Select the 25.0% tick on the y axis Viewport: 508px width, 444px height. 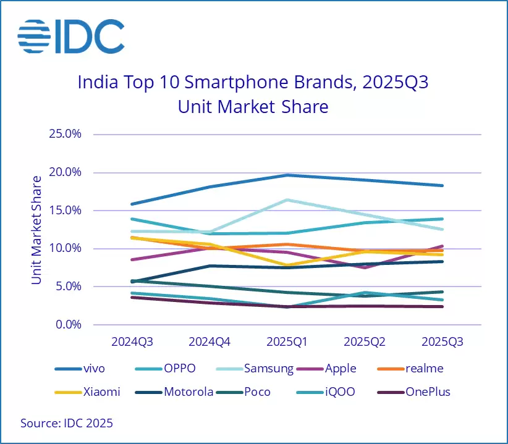(x=64, y=134)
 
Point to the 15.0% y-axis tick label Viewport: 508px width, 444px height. (x=64, y=211)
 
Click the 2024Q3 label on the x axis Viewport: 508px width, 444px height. (x=132, y=341)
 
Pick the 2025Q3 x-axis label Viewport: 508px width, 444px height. (x=442, y=341)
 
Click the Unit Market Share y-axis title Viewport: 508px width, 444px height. (x=38, y=230)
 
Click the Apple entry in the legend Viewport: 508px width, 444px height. (x=341, y=369)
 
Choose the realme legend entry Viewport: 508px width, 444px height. (x=423, y=369)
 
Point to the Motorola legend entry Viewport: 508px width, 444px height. (x=188, y=392)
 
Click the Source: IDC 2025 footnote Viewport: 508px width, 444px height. (x=67, y=424)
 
